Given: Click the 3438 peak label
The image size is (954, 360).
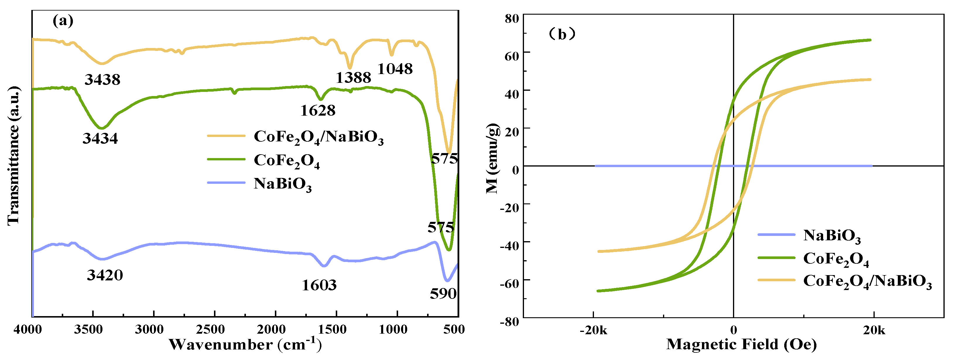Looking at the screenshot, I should click(102, 79).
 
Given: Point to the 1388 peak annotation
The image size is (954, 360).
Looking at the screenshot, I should click(353, 77).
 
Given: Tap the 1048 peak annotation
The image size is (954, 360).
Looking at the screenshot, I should click(395, 69).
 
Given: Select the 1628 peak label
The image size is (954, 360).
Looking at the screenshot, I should click(318, 110).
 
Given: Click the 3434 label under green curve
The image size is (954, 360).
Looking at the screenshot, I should click(100, 138).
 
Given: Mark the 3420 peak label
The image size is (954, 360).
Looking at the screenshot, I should click(105, 275).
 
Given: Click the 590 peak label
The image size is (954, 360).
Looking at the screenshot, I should click(443, 293).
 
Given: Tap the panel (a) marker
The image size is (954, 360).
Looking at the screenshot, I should click(63, 20).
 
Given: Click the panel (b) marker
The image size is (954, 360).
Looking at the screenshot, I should click(562, 35).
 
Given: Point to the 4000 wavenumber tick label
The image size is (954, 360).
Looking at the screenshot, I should click(28, 329).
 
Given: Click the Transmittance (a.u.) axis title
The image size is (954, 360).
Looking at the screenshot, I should click(13, 155).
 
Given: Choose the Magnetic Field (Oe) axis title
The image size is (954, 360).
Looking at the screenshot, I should click(741, 344).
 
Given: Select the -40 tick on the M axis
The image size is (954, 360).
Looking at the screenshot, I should click(510, 245).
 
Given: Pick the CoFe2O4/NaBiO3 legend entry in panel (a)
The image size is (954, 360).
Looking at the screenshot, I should click(318, 137).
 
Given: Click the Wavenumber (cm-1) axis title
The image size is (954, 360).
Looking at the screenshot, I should click(245, 344).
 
